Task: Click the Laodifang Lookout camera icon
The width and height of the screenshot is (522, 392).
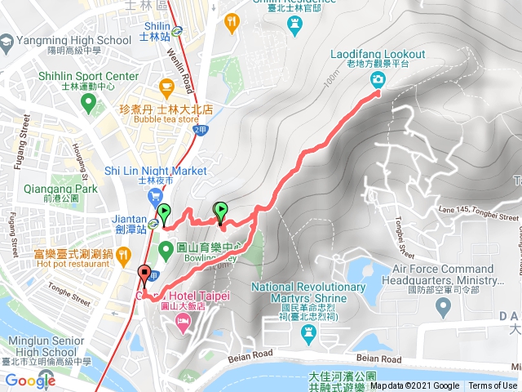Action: tap(378, 79)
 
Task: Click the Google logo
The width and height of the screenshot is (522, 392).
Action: tap(30, 381)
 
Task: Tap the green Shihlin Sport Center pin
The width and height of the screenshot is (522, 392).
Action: tap(88, 103)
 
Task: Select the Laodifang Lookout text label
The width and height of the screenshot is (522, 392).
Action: tap(378, 54)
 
